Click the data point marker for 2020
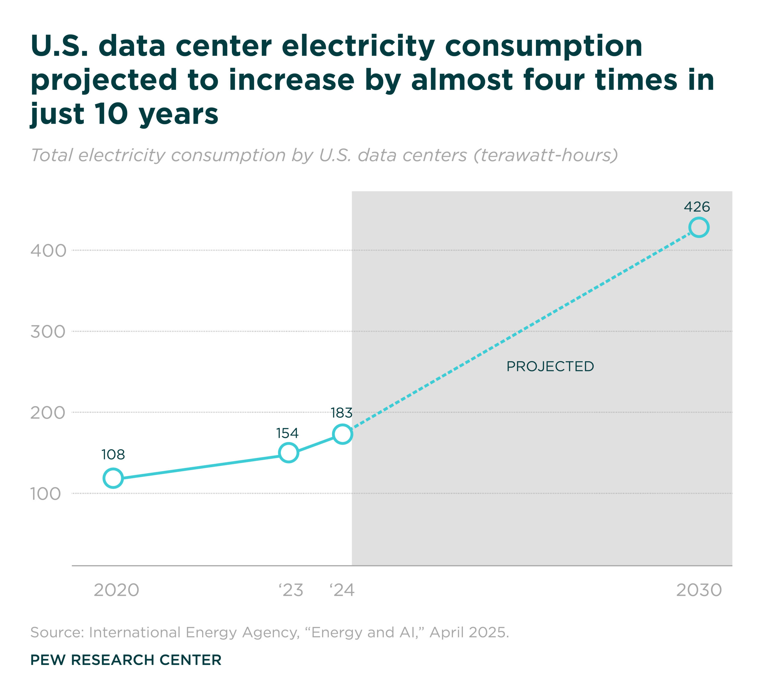[113, 478]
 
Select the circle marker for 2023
[288, 453]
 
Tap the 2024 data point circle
[342, 434]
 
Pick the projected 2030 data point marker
[698, 228]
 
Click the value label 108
[113, 455]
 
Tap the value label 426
[697, 207]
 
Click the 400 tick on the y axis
[48, 251]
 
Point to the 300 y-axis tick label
[48, 332]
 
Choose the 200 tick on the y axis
[48, 412]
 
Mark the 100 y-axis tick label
[45, 494]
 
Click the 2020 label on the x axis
[116, 590]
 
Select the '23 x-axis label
[291, 590]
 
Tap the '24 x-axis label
[342, 590]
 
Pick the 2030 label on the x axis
[699, 590]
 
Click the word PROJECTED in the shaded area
[550, 367]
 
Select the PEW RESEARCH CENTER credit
[126, 660]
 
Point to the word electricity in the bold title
[358, 46]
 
